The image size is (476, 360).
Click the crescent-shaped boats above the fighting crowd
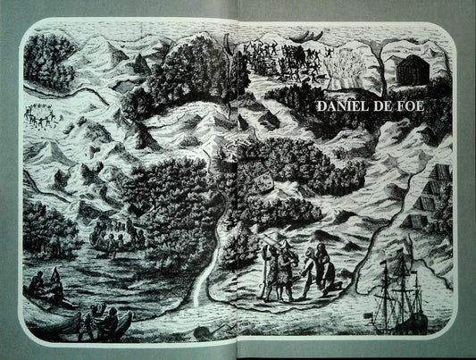(x=295, y=37)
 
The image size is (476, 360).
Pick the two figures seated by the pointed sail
(x=45, y=288)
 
